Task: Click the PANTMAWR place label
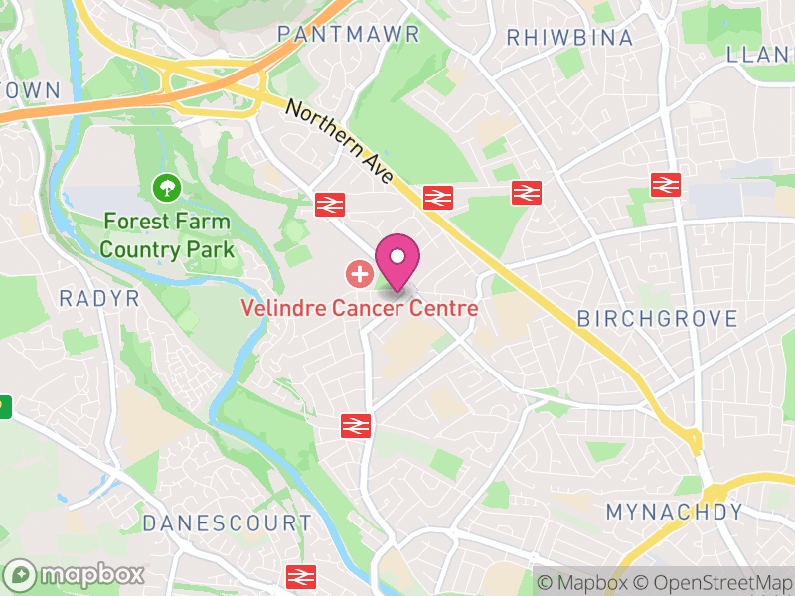pos(349,34)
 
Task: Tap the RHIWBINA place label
pos(569,38)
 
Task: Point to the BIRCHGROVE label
pos(658,319)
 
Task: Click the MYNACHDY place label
pos(675,513)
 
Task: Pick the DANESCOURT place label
pos(227,522)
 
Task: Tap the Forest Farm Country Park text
pos(166,235)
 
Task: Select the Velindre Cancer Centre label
pos(360,308)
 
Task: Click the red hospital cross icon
pos(358,272)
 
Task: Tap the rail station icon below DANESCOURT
pos(299,576)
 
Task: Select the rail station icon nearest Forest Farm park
pos(329,204)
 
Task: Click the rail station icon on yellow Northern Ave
pos(437,197)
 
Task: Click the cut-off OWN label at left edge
pos(30,89)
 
